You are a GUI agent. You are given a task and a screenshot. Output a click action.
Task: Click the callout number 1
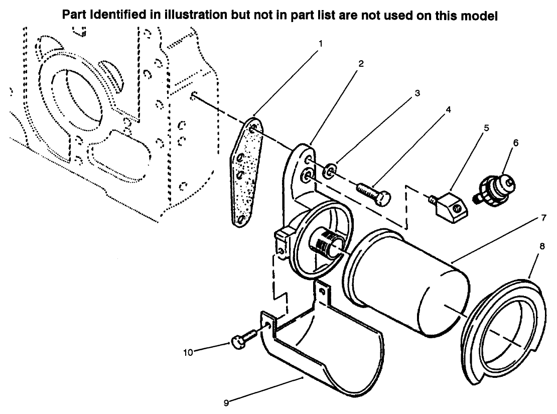[321, 43]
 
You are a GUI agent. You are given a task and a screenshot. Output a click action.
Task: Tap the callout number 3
[416, 93]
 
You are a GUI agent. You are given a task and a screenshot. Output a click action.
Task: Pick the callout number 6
[516, 143]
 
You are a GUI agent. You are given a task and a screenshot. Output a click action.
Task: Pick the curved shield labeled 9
[326, 351]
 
